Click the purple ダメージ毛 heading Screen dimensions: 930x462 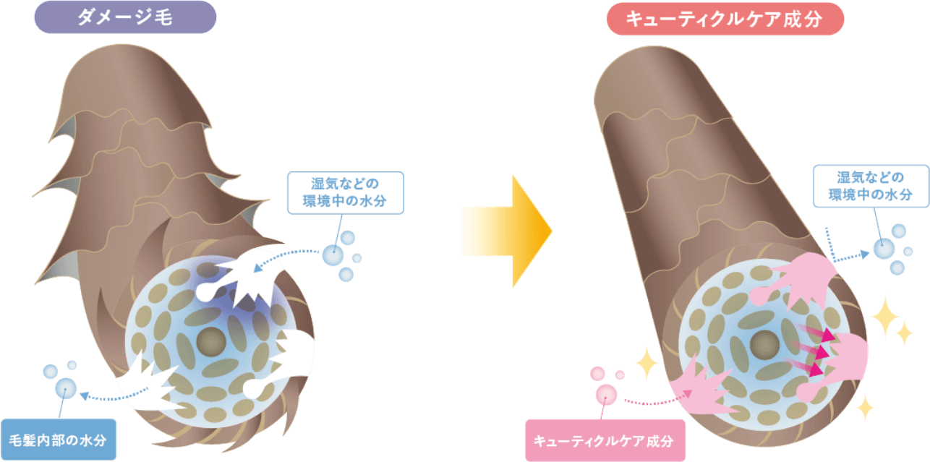click(125, 17)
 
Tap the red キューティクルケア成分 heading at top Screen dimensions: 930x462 click(725, 19)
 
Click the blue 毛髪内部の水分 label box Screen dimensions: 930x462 click(59, 440)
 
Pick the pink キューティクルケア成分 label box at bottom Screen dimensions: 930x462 click(605, 440)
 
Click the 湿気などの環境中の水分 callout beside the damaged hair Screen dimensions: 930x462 click(346, 192)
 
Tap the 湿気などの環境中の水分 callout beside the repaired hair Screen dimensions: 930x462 click(871, 186)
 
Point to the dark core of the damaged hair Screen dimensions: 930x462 click(211, 342)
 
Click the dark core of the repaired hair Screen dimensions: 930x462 click(764, 345)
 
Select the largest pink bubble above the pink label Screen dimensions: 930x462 click(606, 394)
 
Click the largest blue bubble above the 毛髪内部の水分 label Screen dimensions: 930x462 click(66, 388)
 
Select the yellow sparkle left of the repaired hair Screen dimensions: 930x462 click(647, 363)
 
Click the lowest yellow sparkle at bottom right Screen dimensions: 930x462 click(866, 407)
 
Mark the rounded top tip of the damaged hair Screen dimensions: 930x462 click(120, 46)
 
